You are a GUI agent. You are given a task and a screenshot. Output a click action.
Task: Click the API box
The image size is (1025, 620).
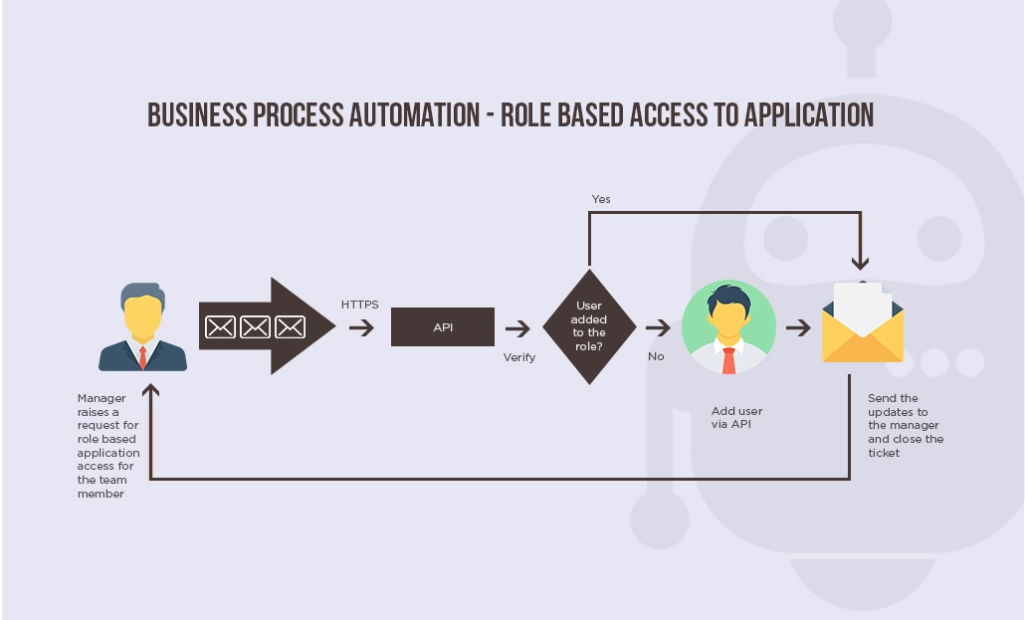pos(443,327)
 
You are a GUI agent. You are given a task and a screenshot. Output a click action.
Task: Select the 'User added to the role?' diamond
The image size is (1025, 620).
pos(589,326)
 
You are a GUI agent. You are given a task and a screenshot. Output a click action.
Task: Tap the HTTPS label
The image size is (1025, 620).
pos(359,305)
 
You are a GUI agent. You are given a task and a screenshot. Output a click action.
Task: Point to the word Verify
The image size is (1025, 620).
pos(519,357)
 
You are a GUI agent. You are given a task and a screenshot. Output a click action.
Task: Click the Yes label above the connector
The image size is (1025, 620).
pos(601,199)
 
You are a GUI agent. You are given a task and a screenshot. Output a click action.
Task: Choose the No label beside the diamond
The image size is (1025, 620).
pos(656,356)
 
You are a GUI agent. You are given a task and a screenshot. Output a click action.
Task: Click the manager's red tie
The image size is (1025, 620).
pos(142,357)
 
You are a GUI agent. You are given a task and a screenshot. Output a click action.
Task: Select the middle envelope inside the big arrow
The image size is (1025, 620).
pos(255,327)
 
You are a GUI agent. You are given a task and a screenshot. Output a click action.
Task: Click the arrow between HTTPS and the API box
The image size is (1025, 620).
pos(361,327)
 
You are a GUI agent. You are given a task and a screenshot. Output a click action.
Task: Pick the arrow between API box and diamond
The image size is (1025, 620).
pos(517,328)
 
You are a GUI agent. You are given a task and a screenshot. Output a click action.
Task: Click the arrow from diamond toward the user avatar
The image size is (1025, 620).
pos(658,327)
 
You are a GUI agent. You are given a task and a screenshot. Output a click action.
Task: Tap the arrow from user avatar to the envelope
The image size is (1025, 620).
pos(798,327)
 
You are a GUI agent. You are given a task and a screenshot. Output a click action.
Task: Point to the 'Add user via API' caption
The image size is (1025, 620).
pos(736,417)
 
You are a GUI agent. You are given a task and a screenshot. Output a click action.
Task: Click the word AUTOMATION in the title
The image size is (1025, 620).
pos(414,115)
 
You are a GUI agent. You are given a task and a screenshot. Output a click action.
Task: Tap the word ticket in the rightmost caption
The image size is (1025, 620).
pos(884,453)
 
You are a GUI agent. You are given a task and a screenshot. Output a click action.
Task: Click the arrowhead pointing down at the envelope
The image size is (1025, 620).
pos(860,263)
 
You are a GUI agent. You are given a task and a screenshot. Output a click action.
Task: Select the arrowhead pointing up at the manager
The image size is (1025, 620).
pos(151,390)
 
